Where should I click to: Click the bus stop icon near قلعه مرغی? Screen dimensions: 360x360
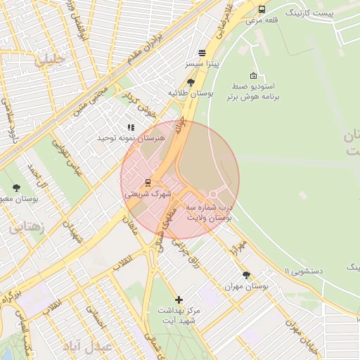tap(262, 9)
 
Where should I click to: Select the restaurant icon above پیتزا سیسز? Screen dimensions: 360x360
tap(202, 53)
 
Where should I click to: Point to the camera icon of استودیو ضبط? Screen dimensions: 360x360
tap(253, 75)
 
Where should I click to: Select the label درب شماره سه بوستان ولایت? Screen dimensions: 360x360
tap(209, 214)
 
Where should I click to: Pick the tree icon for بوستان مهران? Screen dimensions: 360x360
tap(246, 275)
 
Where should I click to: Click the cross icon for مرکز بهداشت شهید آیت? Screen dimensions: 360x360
tap(179, 300)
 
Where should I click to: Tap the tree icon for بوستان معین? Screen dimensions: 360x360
tap(16, 188)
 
